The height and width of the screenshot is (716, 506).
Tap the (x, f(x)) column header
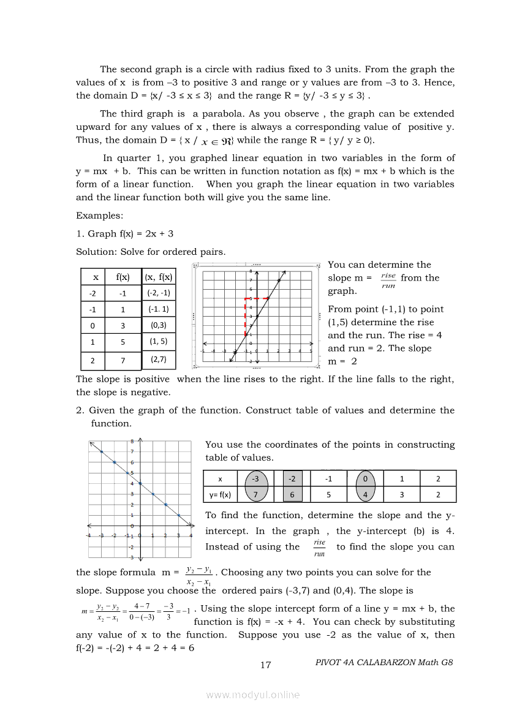(159, 277)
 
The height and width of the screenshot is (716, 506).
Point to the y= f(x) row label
(220, 494)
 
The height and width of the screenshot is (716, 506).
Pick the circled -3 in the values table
(256, 478)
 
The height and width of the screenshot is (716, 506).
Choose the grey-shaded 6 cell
(292, 494)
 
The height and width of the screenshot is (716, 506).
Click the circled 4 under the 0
(365, 494)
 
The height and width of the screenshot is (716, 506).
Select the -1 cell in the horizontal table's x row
(329, 478)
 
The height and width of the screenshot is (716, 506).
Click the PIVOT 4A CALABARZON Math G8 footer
(385, 662)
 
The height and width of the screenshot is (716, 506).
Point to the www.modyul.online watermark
(253, 695)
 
